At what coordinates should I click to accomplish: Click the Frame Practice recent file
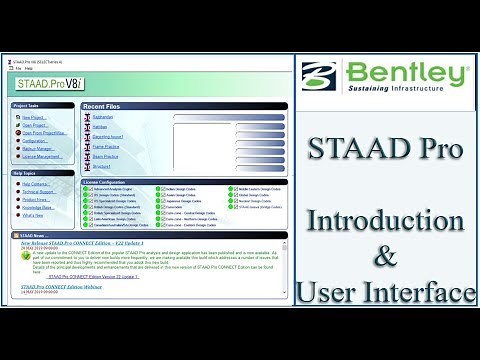click(107, 147)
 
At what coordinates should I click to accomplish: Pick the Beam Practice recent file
click(106, 158)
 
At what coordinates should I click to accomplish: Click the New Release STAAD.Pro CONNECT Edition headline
click(89, 243)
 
